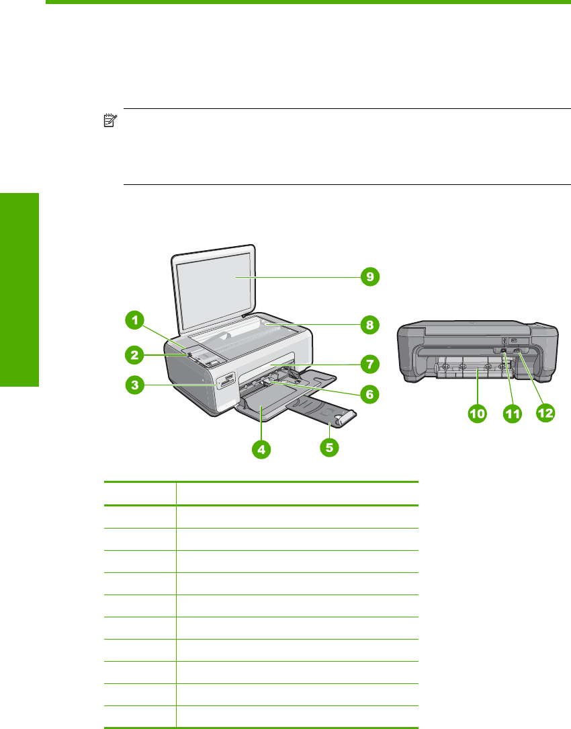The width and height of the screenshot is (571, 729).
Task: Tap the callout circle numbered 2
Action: [136, 354]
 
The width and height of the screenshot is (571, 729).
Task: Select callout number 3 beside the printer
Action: [136, 385]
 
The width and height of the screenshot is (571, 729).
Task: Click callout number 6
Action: [367, 393]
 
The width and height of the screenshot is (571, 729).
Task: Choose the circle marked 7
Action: [367, 364]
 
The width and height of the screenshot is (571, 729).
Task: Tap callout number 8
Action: [367, 325]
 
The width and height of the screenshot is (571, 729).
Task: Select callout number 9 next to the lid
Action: [367, 276]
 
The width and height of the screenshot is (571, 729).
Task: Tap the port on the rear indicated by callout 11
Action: [504, 351]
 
